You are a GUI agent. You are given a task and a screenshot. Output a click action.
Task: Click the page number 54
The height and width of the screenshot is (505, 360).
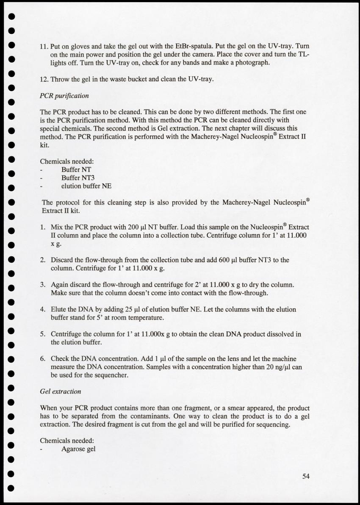[306, 476]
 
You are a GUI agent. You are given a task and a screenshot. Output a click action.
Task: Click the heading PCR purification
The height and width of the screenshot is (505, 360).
[64, 96]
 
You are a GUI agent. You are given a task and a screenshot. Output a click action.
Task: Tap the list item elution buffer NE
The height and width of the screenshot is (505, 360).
[86, 186]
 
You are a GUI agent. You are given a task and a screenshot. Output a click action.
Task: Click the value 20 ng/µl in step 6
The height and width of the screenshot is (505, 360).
[278, 367]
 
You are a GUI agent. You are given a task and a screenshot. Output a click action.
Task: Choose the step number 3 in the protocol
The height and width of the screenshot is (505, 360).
[43, 285]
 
